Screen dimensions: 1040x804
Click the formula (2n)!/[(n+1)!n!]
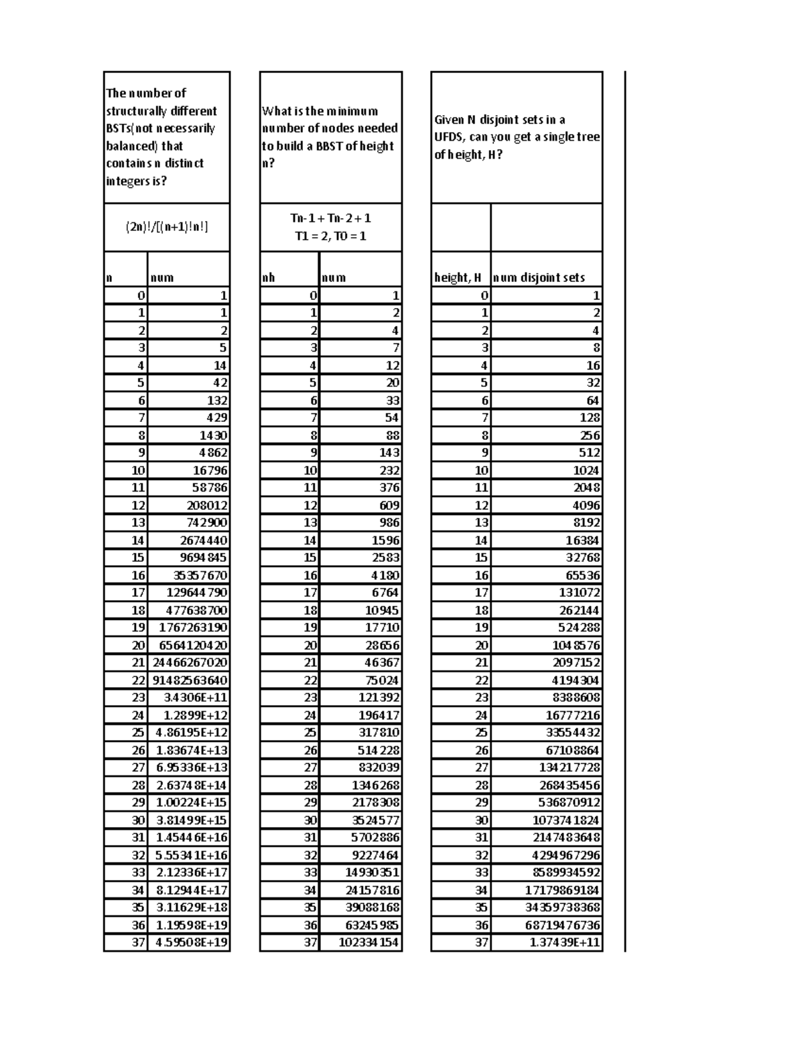(167, 227)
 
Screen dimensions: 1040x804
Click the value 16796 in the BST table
(210, 470)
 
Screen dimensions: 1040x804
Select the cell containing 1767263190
(193, 627)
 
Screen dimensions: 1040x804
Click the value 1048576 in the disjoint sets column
(576, 645)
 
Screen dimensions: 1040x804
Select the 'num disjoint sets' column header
(539, 277)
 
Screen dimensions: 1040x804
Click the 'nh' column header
(268, 277)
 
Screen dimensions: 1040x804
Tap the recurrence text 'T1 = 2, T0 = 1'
(330, 236)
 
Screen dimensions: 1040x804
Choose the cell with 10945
(382, 610)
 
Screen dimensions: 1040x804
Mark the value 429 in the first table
(217, 417)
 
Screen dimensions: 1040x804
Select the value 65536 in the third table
(583, 575)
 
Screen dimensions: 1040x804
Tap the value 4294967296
(566, 855)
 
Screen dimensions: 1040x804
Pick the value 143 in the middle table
(389, 453)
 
